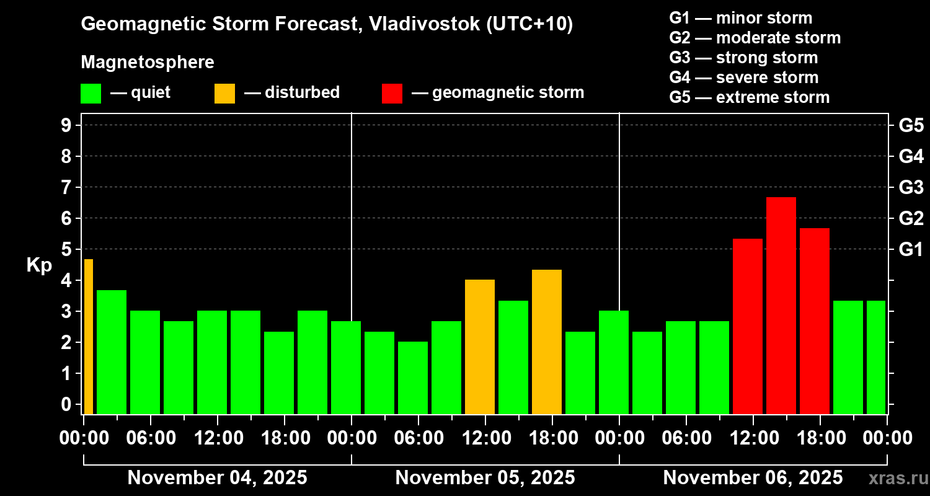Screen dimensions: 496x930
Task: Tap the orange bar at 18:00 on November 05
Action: click(x=546, y=341)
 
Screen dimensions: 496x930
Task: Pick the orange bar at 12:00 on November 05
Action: click(x=479, y=346)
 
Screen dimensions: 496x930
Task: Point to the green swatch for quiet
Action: click(x=91, y=94)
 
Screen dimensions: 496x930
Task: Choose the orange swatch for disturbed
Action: click(x=224, y=94)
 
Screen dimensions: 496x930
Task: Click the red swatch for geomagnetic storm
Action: click(x=392, y=94)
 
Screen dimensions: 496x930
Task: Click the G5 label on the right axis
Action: click(x=911, y=126)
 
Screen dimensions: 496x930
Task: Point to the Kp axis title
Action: click(x=39, y=265)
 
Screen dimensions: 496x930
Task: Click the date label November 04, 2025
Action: click(x=217, y=478)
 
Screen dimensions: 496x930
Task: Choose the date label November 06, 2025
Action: click(x=753, y=478)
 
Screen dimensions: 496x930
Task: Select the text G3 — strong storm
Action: click(x=743, y=58)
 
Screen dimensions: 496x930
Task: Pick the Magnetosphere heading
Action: click(x=148, y=63)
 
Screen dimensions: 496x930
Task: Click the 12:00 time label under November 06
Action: click(x=753, y=438)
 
